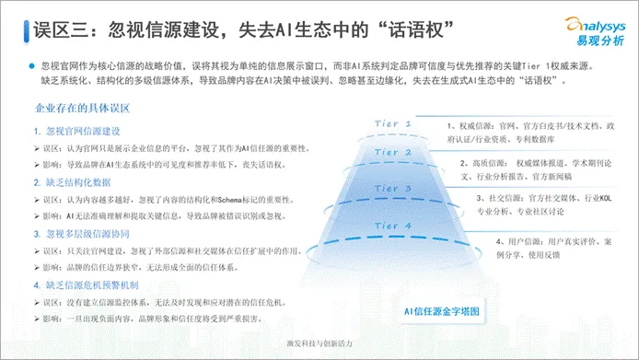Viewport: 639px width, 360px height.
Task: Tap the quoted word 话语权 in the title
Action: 413,29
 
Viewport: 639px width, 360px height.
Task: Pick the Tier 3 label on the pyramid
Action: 392,190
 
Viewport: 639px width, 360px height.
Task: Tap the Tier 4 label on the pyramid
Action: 392,226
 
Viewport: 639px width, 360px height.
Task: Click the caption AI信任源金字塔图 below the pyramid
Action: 441,310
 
